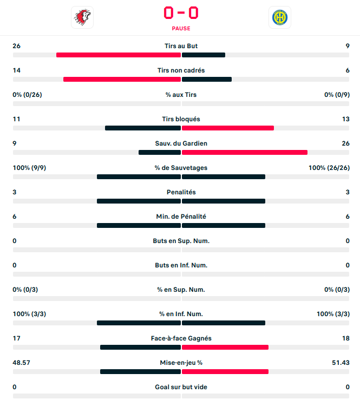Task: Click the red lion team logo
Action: pyautogui.click(x=82, y=17)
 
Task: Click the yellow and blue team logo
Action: pyautogui.click(x=279, y=17)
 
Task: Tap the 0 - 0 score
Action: pyautogui.click(x=181, y=12)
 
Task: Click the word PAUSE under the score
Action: pyautogui.click(x=181, y=29)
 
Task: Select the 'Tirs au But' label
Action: pyautogui.click(x=181, y=46)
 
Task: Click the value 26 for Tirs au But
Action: pyautogui.click(x=17, y=46)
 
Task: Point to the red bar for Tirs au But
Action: pyautogui.click(x=118, y=55)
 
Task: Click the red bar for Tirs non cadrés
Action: pyautogui.click(x=122, y=79)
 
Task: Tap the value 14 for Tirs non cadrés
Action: pyautogui.click(x=17, y=70)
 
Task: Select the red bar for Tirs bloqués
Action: pyautogui.click(x=228, y=128)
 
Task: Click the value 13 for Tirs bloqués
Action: pyautogui.click(x=345, y=119)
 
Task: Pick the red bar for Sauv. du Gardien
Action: pyautogui.click(x=245, y=152)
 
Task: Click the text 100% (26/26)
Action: pyautogui.click(x=329, y=168)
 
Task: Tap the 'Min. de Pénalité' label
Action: pyautogui.click(x=181, y=217)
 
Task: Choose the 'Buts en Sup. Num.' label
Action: pyautogui.click(x=181, y=241)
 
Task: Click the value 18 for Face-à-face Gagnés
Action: pyautogui.click(x=345, y=338)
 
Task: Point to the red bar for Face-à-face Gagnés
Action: pyautogui.click(x=225, y=347)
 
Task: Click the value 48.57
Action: pyautogui.click(x=22, y=363)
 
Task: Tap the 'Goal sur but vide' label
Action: pyautogui.click(x=181, y=387)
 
